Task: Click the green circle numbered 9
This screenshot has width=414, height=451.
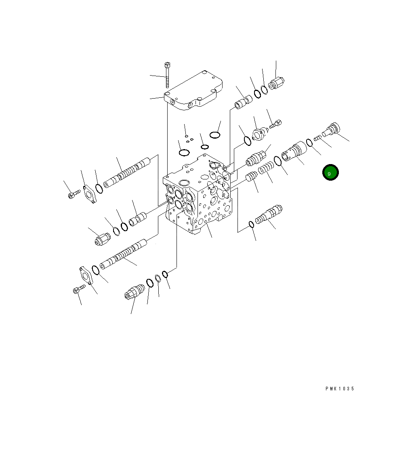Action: [330, 173]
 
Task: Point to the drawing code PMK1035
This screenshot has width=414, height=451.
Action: [339, 389]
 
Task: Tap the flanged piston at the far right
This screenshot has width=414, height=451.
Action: [332, 129]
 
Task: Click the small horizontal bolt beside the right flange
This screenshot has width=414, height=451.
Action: [275, 124]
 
